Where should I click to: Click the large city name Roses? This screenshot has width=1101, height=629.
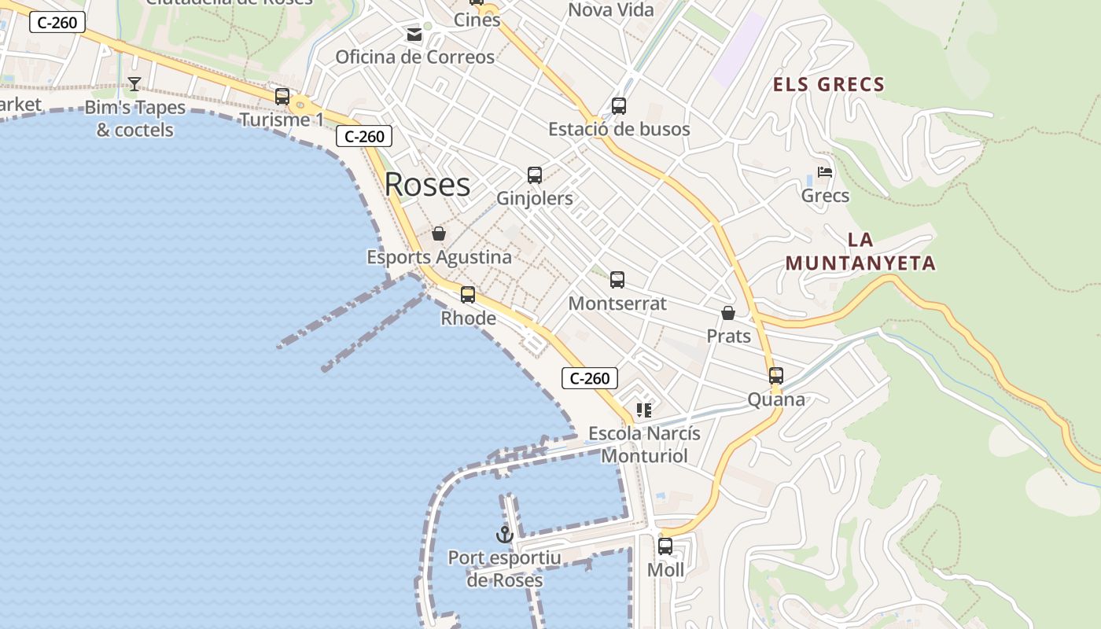(427, 185)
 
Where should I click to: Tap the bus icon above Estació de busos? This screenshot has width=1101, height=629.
(619, 106)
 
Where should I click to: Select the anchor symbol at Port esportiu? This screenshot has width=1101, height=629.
(504, 535)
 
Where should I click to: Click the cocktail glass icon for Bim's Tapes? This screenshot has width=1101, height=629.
(134, 84)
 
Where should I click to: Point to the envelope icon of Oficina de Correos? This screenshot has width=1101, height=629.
(414, 35)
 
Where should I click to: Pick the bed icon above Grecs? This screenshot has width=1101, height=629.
(825, 172)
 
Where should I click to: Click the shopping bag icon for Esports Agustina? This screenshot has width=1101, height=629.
(439, 234)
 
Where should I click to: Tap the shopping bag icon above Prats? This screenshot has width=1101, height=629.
(728, 313)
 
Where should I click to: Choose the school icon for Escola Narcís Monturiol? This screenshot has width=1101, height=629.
(644, 410)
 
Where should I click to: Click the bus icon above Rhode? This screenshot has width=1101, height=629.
(468, 295)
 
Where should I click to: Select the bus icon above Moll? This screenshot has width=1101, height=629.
(665, 546)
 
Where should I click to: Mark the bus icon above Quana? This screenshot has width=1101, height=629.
(776, 376)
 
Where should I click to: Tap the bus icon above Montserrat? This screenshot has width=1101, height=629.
(617, 279)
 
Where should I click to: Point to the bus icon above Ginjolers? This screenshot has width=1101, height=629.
(535, 175)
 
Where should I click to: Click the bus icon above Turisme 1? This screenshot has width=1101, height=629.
(282, 97)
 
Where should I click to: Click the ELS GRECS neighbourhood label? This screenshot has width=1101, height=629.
(829, 85)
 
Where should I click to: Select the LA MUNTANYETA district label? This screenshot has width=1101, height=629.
(860, 252)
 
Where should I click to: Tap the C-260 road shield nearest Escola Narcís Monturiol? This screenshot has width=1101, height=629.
(590, 378)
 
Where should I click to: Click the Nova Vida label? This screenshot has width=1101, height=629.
(611, 10)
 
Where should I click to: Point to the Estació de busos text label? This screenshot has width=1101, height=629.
(619, 129)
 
